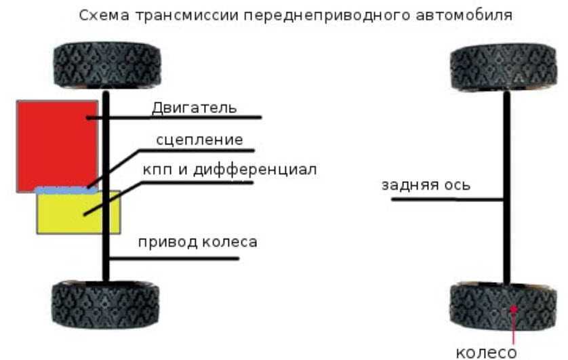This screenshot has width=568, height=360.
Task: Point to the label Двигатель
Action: click(x=194, y=107)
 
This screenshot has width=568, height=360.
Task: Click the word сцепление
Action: click(x=199, y=140)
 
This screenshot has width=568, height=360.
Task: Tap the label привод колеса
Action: click(x=197, y=242)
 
